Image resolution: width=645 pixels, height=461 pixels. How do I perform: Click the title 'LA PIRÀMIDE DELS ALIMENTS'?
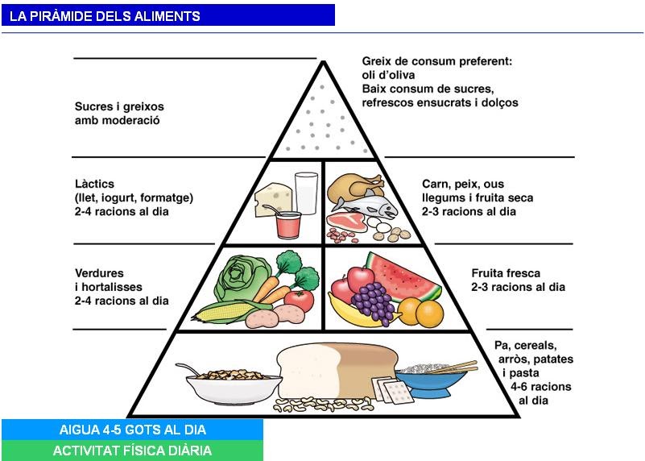[x=105, y=15]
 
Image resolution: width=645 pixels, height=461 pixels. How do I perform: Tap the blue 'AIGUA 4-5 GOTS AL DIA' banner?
[x=132, y=430]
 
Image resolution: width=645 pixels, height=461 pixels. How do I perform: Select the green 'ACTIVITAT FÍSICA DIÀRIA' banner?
[x=132, y=451]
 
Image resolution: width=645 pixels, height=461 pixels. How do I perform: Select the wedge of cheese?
[x=271, y=198]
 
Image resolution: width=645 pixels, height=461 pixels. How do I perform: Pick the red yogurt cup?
[x=287, y=225]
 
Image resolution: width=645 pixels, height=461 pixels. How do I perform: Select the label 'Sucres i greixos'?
[x=118, y=106]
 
